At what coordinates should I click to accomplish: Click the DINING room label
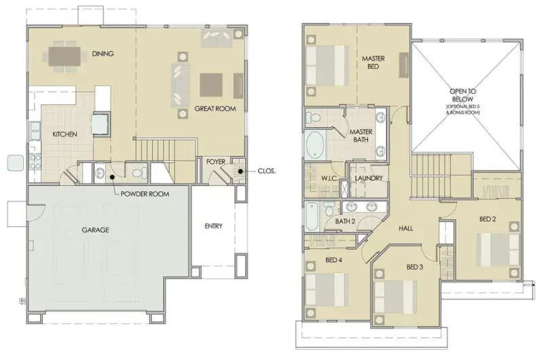pos(103,54)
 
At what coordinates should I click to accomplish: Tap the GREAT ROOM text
pos(215,109)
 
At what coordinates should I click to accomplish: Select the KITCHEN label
pos(64,134)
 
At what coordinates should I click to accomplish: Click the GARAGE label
pos(95,230)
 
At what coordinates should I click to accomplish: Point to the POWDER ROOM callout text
pos(145,194)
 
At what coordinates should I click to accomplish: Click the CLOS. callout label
pos(267,170)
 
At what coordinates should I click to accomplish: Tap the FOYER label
pos(216,162)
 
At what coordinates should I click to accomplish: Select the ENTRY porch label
pos(213,226)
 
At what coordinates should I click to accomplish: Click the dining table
pos(64,56)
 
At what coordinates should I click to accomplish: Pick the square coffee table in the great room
pos(211,85)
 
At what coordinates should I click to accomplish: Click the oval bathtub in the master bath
pos(315,145)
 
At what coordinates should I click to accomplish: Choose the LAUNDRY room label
pos(369,178)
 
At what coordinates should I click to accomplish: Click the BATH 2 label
pos(345,221)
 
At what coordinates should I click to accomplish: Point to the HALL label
pos(405,228)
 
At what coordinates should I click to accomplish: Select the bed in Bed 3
pos(396,298)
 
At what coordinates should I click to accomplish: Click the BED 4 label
pos(334,260)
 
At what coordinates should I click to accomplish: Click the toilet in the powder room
pos(141,173)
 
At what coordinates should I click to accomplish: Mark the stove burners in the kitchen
pos(35,162)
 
